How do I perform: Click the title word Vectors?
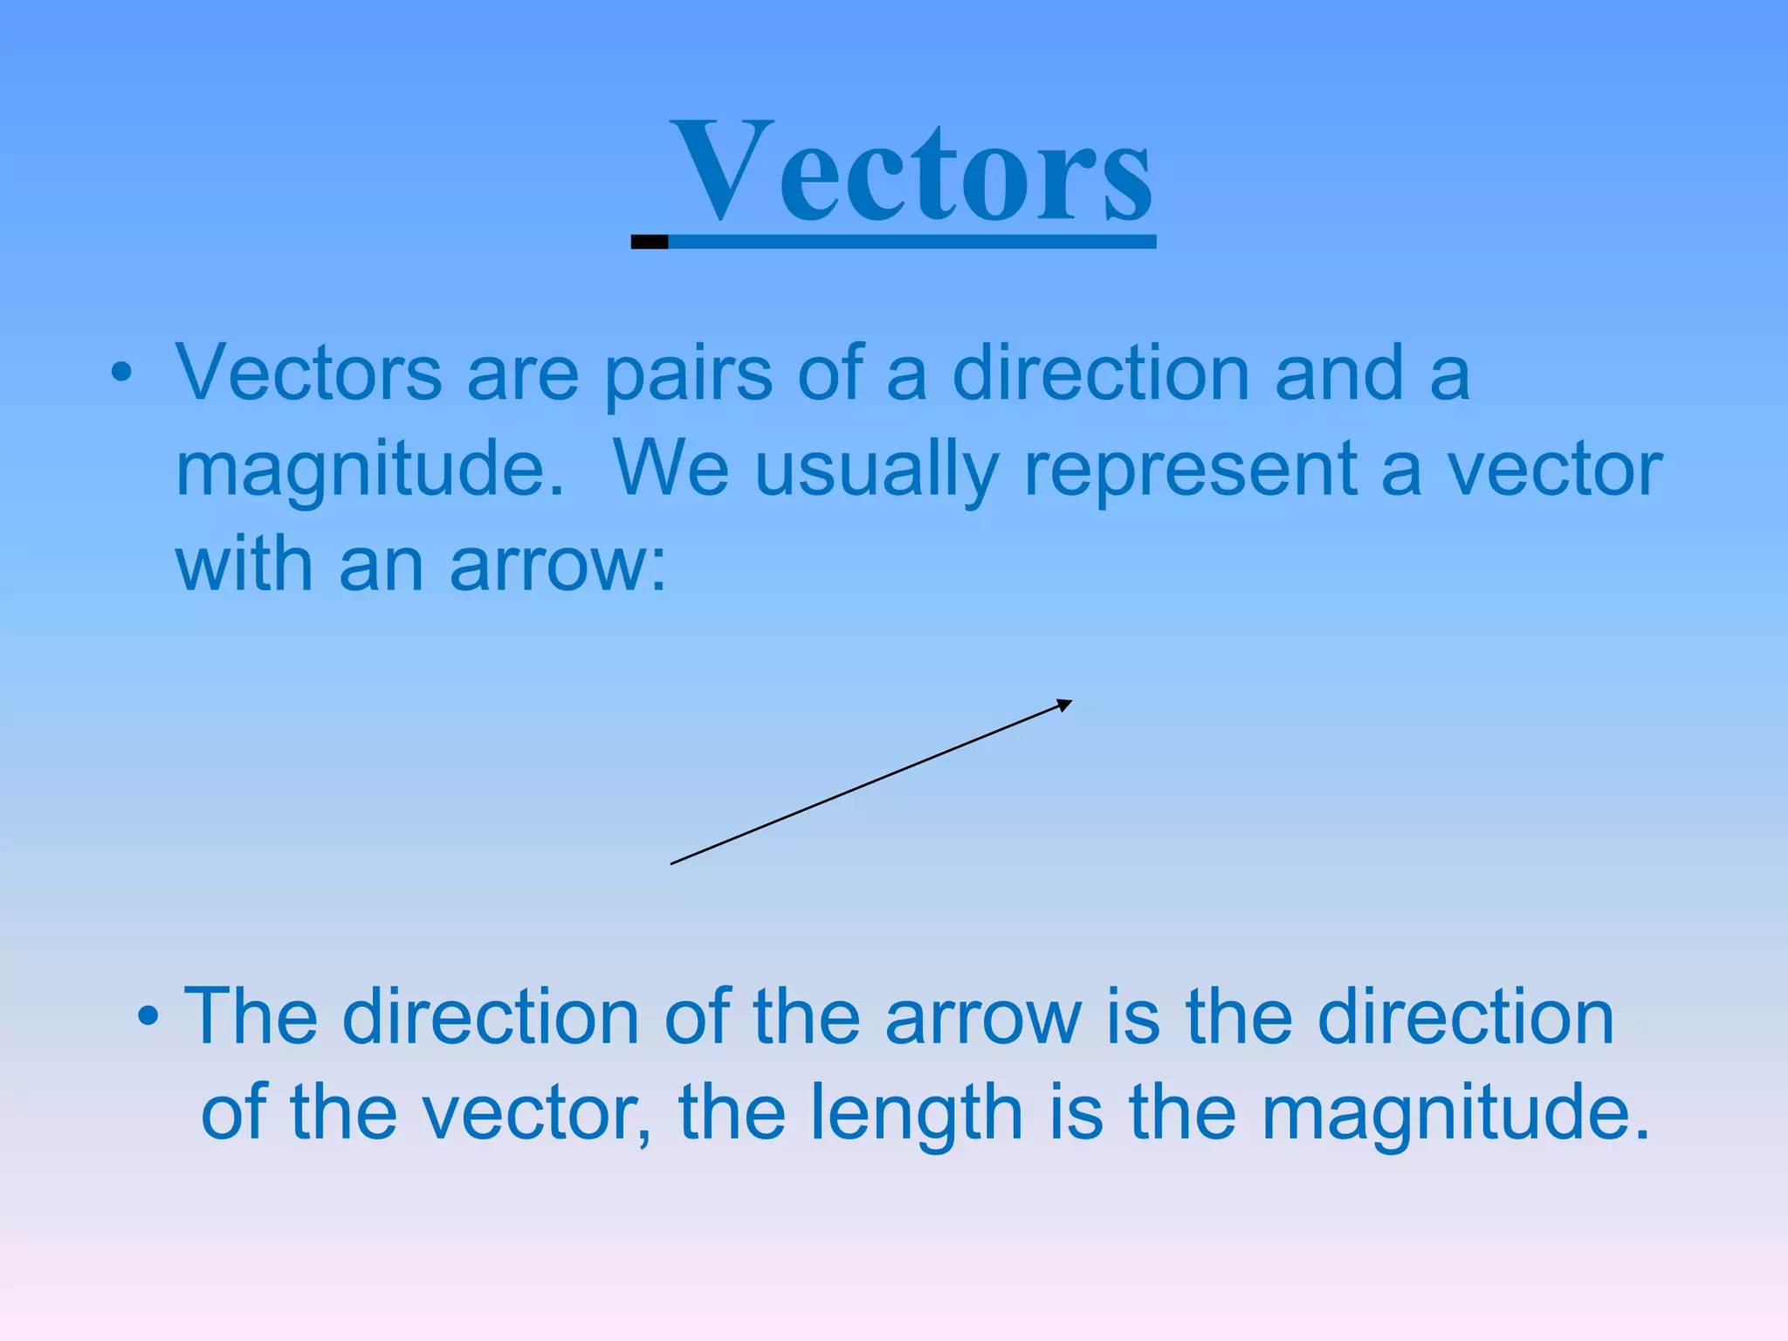tap(912, 172)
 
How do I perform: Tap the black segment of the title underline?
tap(650, 242)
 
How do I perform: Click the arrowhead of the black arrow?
tap(1064, 705)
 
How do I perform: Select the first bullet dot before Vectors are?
tap(121, 375)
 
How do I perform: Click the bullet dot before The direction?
tap(148, 1016)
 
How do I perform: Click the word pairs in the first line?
tap(688, 375)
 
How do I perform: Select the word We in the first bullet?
tap(670, 470)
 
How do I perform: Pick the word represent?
tap(1190, 470)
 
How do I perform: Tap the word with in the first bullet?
tap(244, 566)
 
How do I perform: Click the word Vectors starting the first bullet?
tap(308, 375)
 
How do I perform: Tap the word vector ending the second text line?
tap(1554, 470)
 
